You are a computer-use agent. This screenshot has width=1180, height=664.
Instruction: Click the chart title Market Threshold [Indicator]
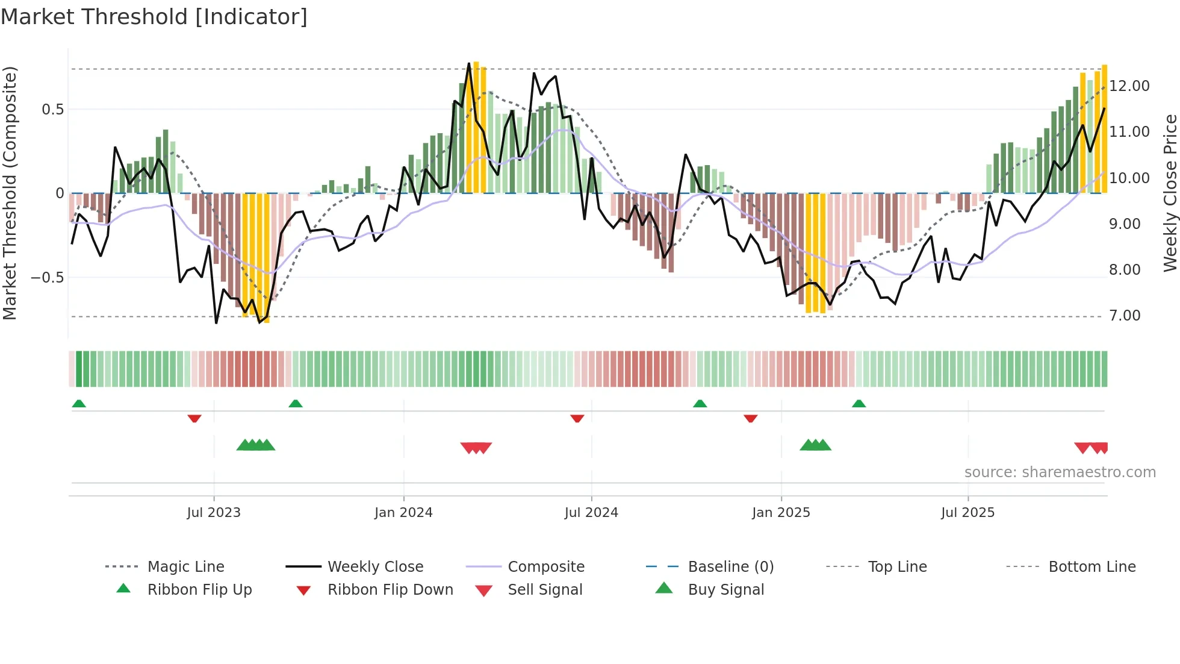pyautogui.click(x=154, y=17)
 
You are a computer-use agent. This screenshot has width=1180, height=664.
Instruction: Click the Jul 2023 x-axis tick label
pyautogui.click(x=214, y=512)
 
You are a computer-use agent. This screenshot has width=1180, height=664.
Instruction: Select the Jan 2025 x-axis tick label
pyautogui.click(x=781, y=512)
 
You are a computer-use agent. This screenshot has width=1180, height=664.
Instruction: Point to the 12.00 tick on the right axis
pyautogui.click(x=1129, y=86)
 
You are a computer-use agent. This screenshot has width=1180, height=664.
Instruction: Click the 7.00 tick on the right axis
pyautogui.click(x=1125, y=315)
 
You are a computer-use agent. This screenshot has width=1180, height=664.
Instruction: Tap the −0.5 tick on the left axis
pyautogui.click(x=48, y=277)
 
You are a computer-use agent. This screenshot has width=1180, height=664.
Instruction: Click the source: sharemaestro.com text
pyautogui.click(x=1060, y=472)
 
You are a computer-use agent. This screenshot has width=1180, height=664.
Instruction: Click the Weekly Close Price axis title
pyautogui.click(x=1170, y=193)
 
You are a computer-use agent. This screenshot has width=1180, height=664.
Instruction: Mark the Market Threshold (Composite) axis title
pyautogui.click(x=10, y=193)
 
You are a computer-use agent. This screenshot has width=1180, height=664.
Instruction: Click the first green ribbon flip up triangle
pyautogui.click(x=79, y=404)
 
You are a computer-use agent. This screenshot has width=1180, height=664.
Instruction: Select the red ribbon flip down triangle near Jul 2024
pyautogui.click(x=577, y=418)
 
